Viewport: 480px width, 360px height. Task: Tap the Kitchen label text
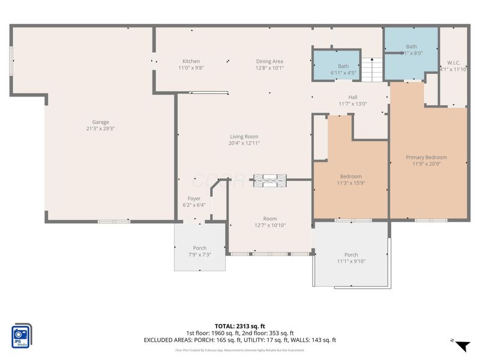tap(191, 61)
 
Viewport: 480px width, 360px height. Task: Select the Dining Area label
tap(269, 61)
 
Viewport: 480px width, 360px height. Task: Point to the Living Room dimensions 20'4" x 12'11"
tap(244, 143)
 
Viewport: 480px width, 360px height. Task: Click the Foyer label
tap(194, 199)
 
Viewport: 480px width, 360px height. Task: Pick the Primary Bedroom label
tap(426, 157)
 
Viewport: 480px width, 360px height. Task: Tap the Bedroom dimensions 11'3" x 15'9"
tap(351, 183)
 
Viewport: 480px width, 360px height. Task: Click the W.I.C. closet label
tap(453, 62)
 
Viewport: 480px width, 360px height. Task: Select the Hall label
tap(353, 97)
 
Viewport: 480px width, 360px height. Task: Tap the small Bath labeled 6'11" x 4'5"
tap(343, 66)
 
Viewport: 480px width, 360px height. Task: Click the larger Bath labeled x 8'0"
tap(411, 46)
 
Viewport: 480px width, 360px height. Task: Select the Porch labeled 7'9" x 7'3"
tap(199, 248)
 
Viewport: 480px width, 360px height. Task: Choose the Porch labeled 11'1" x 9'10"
tap(351, 255)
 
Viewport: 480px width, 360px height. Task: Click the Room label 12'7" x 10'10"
tap(269, 219)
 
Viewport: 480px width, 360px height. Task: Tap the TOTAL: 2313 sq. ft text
tap(239, 326)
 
